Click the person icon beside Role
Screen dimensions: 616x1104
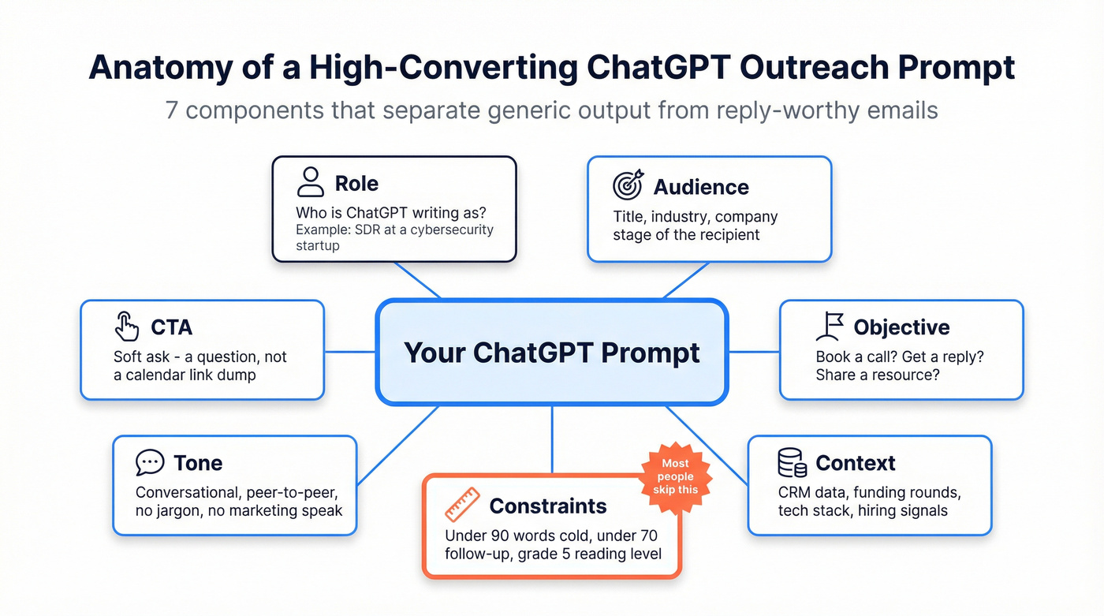click(310, 181)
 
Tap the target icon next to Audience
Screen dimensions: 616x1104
click(628, 185)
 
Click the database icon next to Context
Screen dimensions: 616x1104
click(791, 462)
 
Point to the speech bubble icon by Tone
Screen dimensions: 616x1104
click(150, 462)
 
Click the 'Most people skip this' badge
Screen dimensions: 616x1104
click(675, 476)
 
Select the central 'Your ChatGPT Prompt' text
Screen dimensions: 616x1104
click(551, 352)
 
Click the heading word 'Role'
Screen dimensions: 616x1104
click(356, 183)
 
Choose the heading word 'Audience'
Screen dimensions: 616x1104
click(700, 187)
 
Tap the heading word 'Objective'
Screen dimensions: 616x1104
click(901, 327)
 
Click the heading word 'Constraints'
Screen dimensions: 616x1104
click(548, 506)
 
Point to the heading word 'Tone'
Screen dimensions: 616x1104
click(198, 463)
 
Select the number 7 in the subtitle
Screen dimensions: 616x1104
click(172, 109)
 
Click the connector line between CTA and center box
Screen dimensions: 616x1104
click(350, 351)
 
